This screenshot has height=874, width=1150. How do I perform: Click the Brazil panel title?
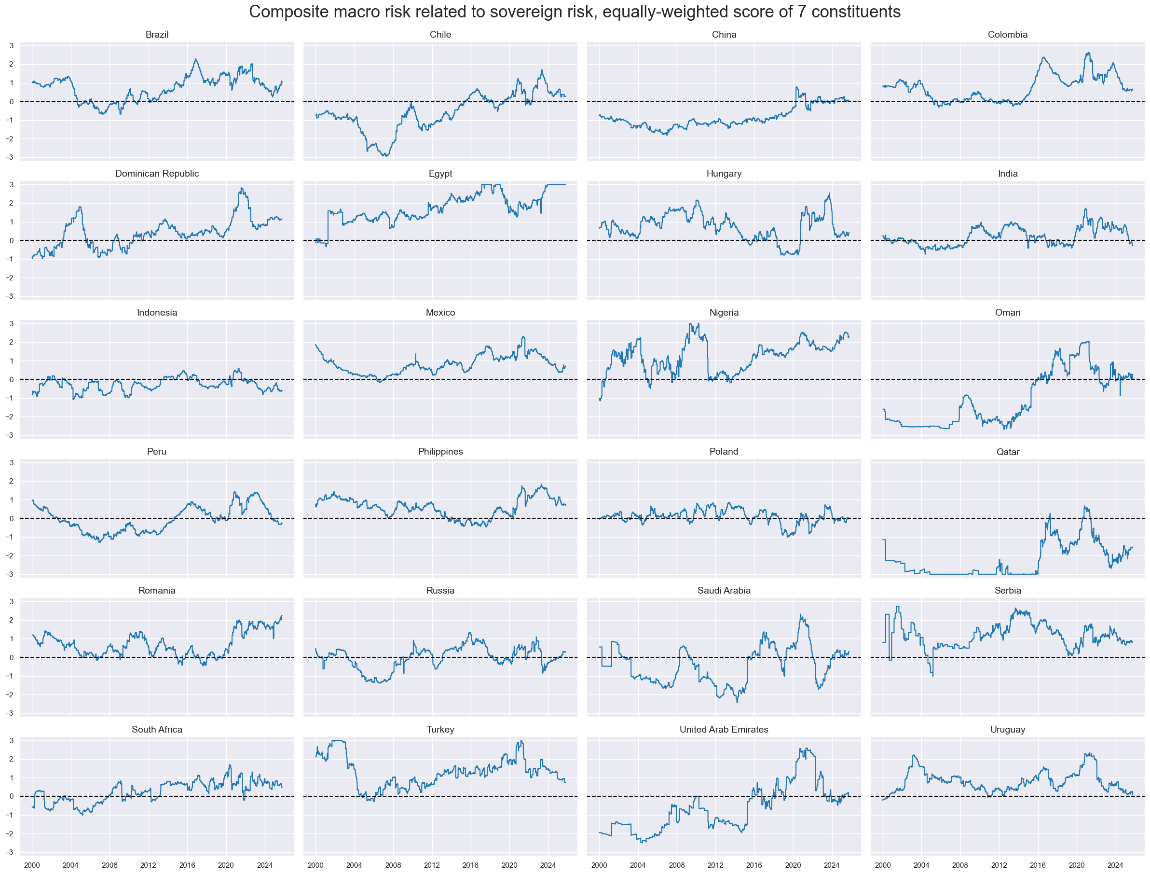click(156, 34)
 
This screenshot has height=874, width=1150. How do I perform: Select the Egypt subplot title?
click(440, 173)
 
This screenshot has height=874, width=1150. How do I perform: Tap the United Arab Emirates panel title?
click(724, 729)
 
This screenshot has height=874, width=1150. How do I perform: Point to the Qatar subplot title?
click(1008, 452)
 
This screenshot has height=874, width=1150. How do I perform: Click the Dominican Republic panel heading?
click(156, 173)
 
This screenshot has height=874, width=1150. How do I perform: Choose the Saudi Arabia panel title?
click(724, 591)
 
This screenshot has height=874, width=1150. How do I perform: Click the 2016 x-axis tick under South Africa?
click(187, 865)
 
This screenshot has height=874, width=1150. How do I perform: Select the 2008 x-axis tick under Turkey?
click(393, 865)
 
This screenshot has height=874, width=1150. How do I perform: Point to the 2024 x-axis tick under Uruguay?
click(1115, 865)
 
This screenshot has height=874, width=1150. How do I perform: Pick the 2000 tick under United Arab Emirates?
click(600, 865)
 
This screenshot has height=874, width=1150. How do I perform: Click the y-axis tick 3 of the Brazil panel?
click(12, 46)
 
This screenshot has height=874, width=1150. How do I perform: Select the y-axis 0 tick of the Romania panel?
click(12, 658)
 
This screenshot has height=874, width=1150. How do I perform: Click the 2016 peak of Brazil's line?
click(195, 59)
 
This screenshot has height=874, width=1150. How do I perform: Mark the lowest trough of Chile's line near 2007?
click(385, 155)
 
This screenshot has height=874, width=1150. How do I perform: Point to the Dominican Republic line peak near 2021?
click(242, 188)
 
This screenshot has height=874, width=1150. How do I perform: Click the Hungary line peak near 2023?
click(829, 194)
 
